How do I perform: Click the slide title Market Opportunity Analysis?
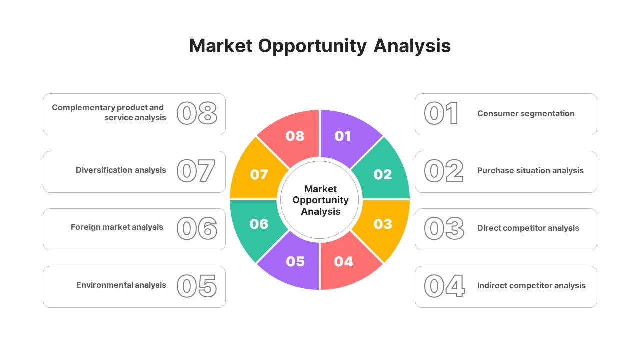point(320,46)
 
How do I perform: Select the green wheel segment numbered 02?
point(383,174)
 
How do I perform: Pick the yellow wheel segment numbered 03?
point(383,224)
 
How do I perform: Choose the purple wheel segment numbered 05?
point(295,261)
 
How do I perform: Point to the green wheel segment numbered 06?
point(258,224)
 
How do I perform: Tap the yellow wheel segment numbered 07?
point(258,175)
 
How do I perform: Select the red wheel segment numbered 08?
point(295,136)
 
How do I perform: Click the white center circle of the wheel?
point(320,200)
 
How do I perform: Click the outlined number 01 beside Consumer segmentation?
point(441,114)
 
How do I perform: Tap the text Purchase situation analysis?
point(530,171)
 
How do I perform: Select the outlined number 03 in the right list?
point(444,228)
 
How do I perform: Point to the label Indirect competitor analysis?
point(531,286)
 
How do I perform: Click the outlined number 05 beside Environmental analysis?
point(197,286)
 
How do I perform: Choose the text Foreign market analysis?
point(117,227)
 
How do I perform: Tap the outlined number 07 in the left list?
point(196,171)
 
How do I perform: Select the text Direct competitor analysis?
point(528,228)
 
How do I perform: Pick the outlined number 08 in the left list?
point(197,113)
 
